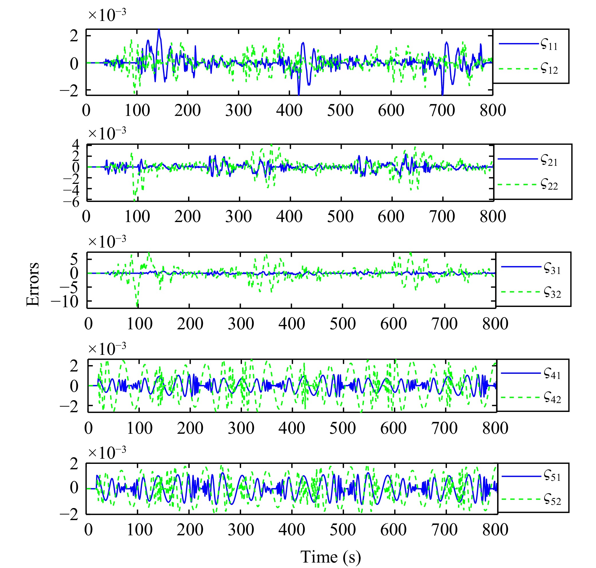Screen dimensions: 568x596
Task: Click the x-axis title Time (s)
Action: [330, 557]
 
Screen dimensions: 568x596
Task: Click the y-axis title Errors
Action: [33, 284]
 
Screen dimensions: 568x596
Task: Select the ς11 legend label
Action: [549, 44]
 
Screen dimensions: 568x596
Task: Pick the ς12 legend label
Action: [549, 69]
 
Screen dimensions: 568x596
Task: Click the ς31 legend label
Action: [552, 268]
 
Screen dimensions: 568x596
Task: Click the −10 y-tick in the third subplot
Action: [65, 301]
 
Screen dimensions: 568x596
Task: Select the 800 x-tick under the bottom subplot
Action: [495, 529]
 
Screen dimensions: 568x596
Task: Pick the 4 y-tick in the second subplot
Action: [75, 144]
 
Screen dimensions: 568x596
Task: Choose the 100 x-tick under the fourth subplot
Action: [140, 428]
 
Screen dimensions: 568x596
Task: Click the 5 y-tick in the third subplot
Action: [74, 259]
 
